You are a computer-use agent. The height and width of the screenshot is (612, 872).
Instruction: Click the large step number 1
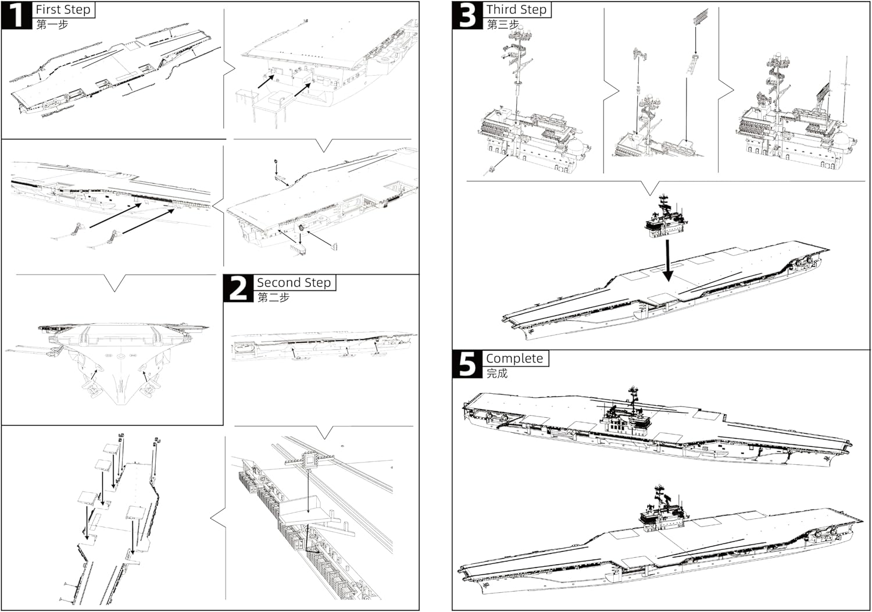[16, 15]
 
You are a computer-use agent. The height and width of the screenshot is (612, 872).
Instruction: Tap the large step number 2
[238, 289]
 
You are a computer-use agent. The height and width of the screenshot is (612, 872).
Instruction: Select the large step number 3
[467, 15]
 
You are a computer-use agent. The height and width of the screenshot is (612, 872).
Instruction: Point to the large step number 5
[467, 364]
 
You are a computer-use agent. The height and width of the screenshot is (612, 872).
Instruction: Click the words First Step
[63, 9]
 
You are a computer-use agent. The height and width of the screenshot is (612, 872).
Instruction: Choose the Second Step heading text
[294, 282]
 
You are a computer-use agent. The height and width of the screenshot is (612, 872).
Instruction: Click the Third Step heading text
[517, 9]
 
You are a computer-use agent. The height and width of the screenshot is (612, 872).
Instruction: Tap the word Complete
[514, 358]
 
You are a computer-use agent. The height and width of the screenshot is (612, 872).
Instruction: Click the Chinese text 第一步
[52, 24]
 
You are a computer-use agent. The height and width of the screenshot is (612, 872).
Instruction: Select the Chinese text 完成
[497, 373]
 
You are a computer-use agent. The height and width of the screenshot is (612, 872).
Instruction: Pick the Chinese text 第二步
[273, 298]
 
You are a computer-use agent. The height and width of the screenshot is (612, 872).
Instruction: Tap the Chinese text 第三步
[503, 24]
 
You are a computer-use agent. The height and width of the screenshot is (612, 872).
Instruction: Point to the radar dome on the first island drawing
[577, 148]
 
